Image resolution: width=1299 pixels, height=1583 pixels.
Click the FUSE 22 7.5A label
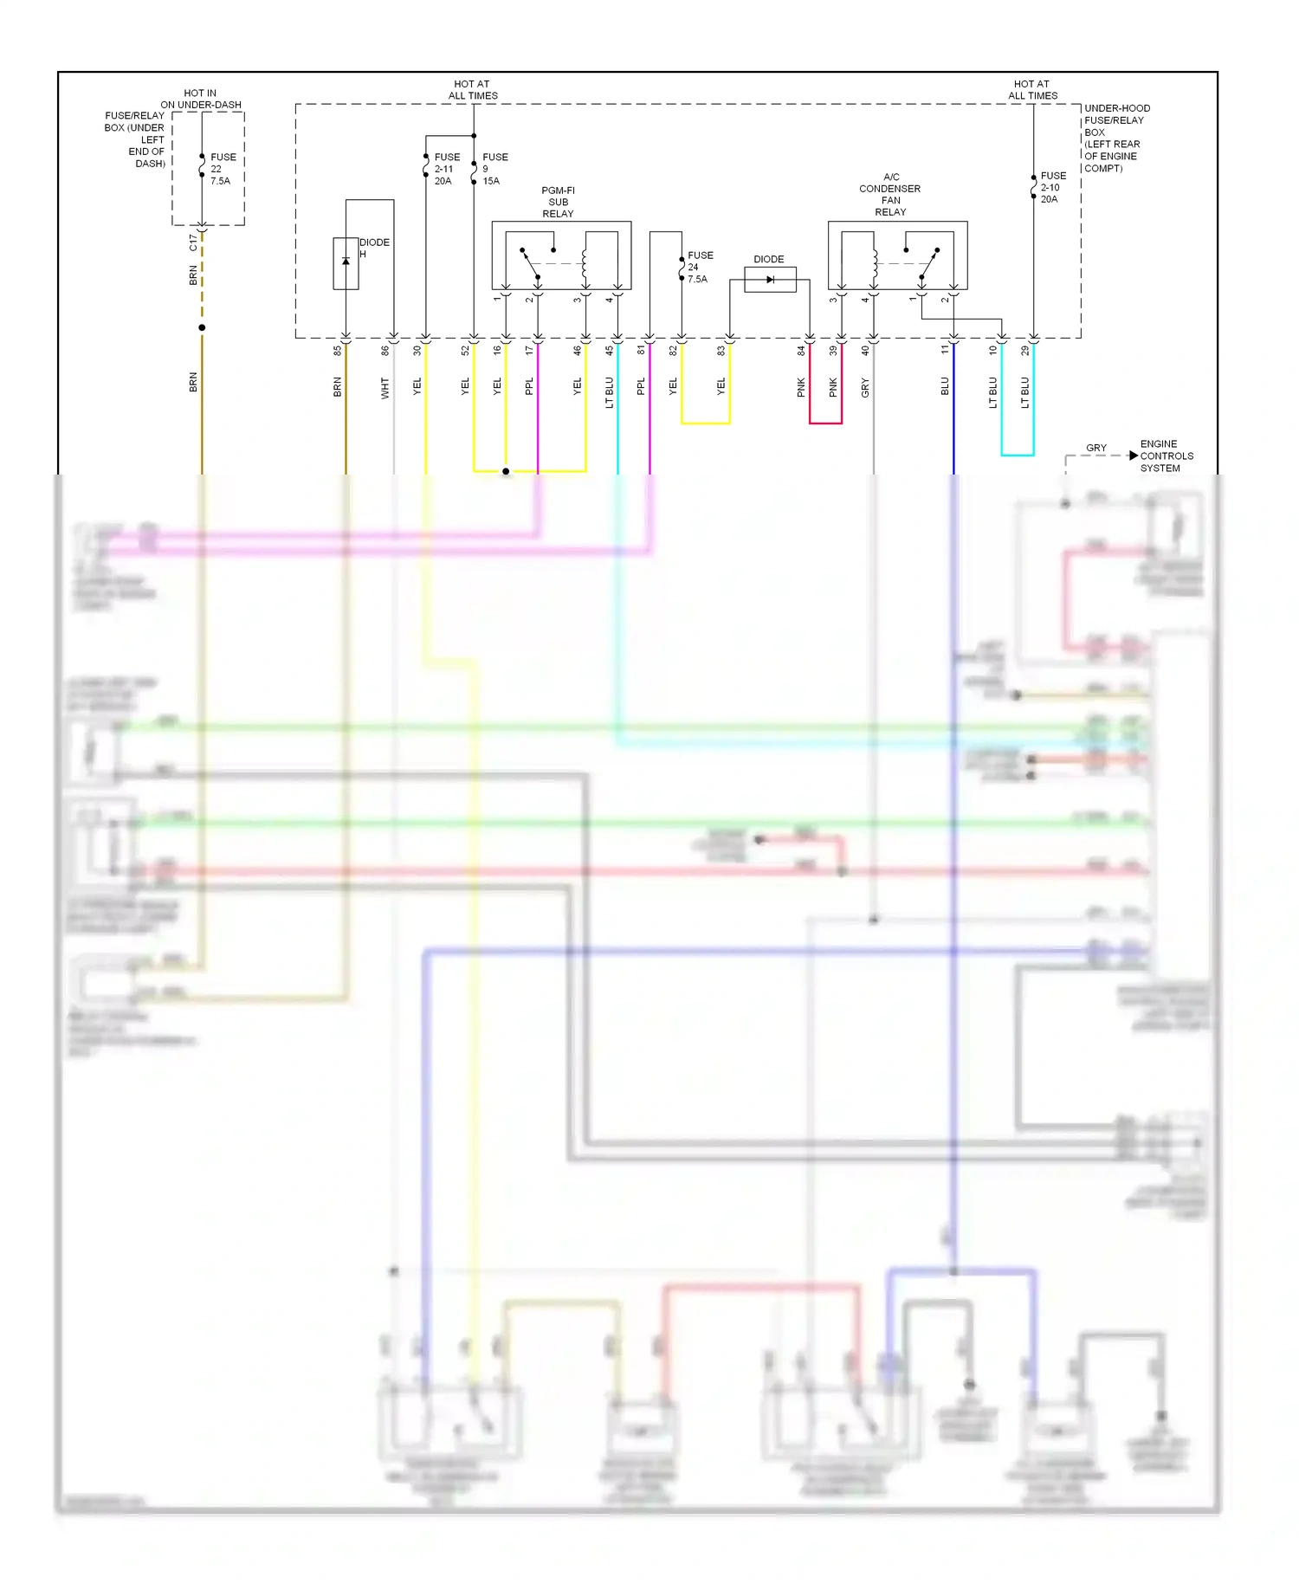[x=222, y=169]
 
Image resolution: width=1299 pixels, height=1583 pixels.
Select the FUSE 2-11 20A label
[x=446, y=169]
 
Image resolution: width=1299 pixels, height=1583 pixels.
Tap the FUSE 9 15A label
[x=494, y=169]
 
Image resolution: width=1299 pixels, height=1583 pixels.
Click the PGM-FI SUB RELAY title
[x=558, y=202]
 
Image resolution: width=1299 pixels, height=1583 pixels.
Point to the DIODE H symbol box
[x=346, y=263]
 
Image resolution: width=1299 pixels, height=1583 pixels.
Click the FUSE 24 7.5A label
[x=699, y=267]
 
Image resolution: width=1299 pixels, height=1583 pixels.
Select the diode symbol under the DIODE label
[x=770, y=280]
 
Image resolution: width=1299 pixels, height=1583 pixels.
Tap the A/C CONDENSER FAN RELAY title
[x=890, y=194]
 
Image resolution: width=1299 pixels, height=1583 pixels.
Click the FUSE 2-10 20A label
[x=1052, y=187]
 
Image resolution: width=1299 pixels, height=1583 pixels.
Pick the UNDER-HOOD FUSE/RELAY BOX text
[x=1115, y=138]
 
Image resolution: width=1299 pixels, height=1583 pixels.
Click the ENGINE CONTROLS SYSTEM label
[x=1166, y=456]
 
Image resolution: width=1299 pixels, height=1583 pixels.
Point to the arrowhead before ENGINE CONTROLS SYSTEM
[x=1133, y=456]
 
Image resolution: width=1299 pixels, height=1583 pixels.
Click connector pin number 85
[x=338, y=351]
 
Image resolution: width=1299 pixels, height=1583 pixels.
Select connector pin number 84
[x=801, y=351]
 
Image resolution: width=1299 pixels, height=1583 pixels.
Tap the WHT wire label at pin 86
[x=385, y=388]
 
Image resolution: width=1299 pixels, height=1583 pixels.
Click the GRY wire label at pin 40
[x=865, y=389]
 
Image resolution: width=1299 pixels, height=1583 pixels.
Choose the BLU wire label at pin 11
[x=945, y=386]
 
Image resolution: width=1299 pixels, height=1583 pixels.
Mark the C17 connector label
[x=193, y=242]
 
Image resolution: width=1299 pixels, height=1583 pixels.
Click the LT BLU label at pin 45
[x=610, y=392]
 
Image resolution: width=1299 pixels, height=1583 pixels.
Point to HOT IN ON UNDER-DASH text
[x=200, y=99]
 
